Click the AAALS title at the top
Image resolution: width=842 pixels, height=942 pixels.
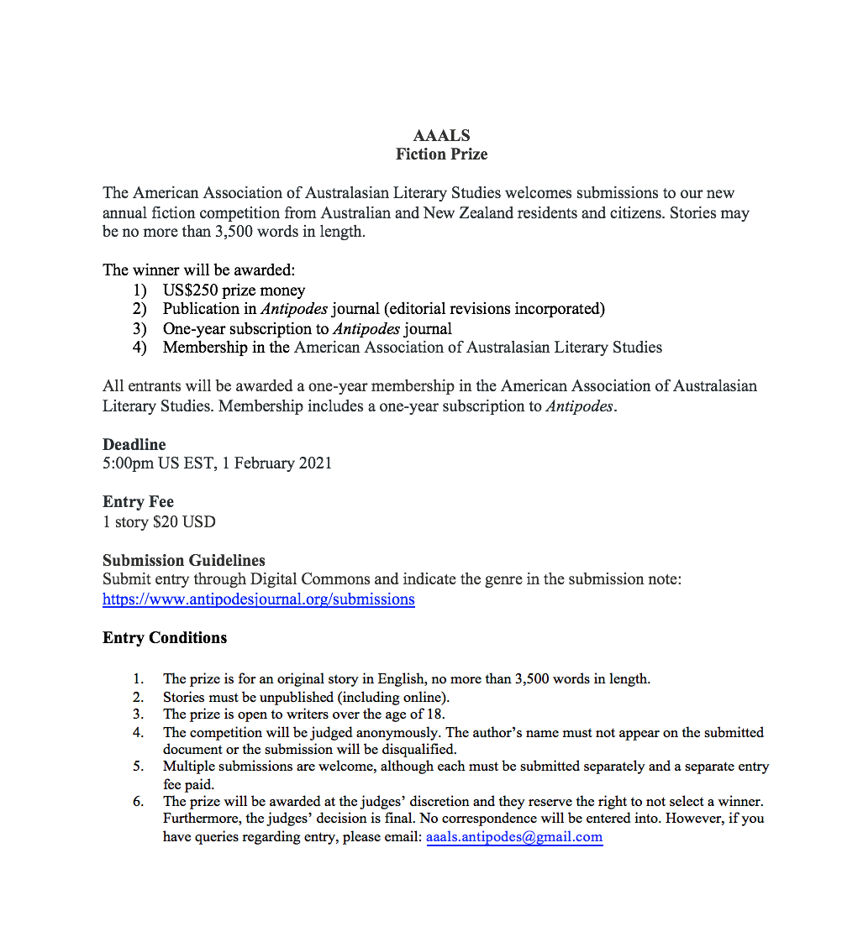coord(441,136)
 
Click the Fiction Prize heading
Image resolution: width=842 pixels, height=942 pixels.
coord(441,154)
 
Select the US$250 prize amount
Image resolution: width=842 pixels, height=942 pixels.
coord(192,290)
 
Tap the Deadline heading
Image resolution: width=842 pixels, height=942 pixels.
coord(134,445)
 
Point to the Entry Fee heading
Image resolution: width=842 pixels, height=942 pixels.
coord(138,502)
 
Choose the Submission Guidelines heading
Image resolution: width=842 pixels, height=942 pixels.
coord(184,561)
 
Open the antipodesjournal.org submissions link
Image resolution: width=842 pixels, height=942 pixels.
coord(258,599)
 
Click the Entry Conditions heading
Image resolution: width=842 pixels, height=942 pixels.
coord(165,638)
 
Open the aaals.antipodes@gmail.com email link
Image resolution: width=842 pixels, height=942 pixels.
coord(514,837)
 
